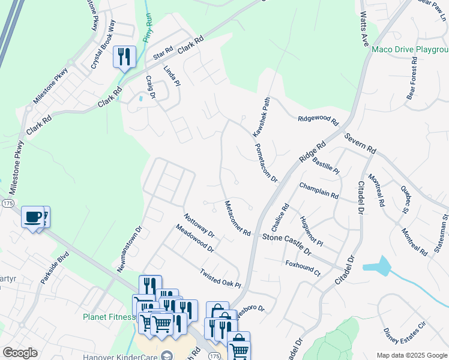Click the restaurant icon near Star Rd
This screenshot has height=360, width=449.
(x=125, y=57)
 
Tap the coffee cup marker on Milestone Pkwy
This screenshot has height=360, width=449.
(x=33, y=216)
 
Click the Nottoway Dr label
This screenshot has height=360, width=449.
(x=199, y=225)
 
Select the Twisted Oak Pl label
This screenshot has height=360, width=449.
(x=220, y=278)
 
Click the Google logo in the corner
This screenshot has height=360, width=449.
(x=20, y=353)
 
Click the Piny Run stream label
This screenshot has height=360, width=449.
(x=147, y=27)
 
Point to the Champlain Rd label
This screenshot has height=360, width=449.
(x=318, y=191)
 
